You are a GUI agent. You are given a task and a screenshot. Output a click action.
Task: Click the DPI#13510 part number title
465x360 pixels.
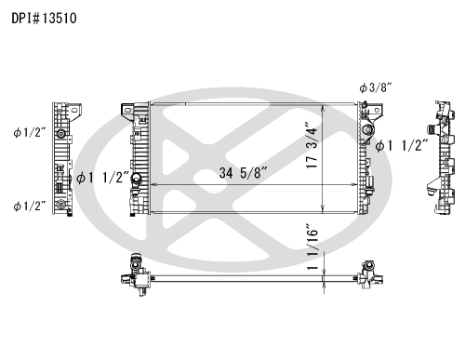44,19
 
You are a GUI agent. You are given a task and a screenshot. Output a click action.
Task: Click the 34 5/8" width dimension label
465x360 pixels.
243,173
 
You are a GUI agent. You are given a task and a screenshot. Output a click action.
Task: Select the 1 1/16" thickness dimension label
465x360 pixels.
312,247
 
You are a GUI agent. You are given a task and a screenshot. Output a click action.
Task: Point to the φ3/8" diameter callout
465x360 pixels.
376,88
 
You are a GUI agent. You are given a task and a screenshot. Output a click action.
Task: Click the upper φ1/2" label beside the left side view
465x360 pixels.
30,133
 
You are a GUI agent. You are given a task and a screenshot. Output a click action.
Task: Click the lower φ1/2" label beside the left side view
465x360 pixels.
30,206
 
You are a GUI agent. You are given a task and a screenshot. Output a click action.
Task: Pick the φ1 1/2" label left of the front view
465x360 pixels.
102,178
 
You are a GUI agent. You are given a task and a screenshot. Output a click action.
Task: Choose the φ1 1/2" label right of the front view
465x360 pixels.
402,145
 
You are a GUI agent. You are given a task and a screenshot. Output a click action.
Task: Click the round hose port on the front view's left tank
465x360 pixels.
136,178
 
